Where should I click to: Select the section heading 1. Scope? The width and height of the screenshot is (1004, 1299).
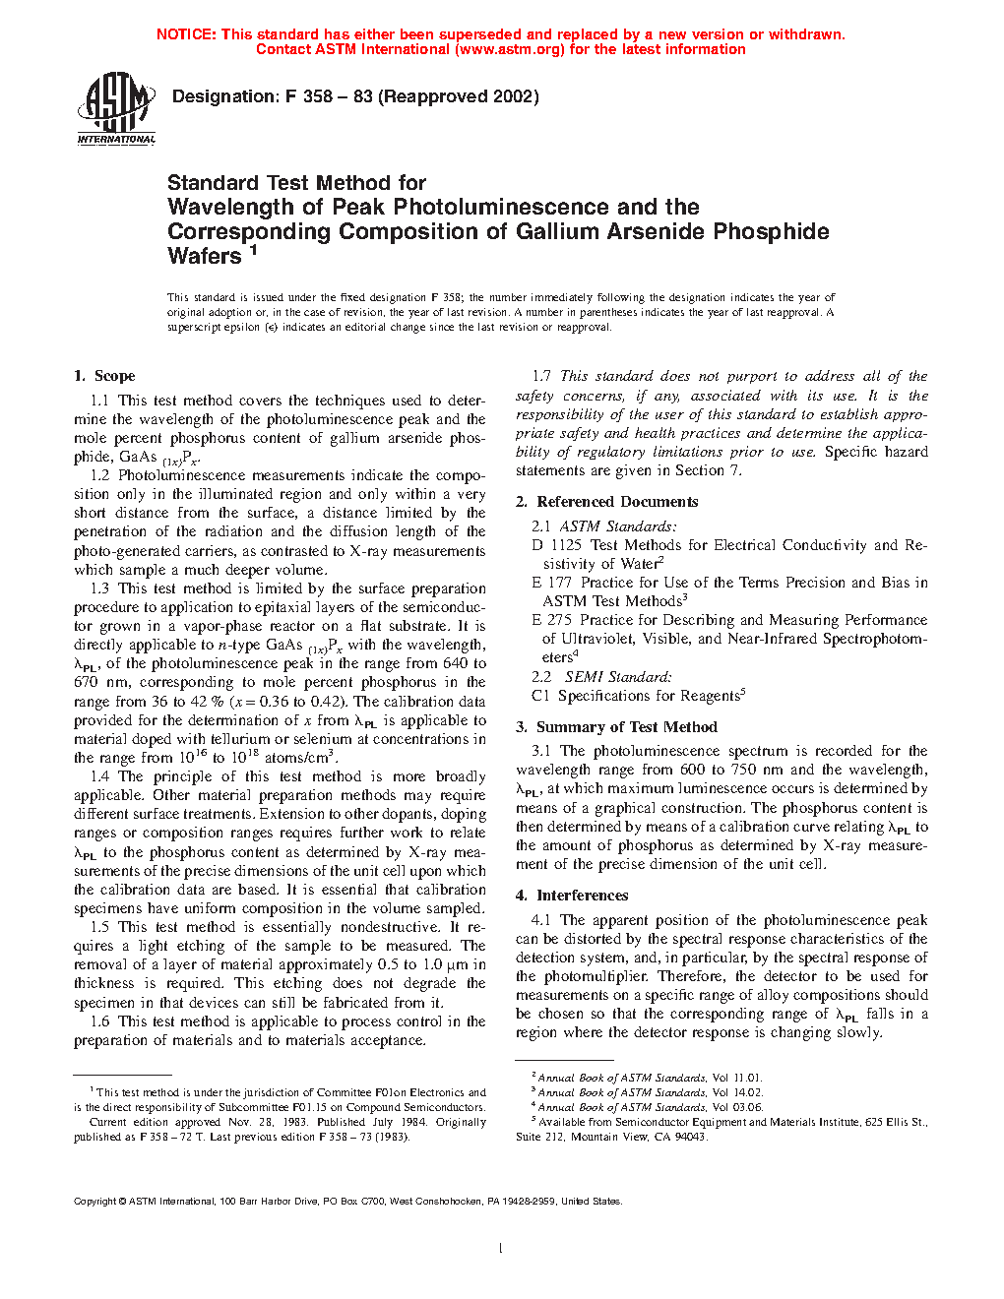(104, 376)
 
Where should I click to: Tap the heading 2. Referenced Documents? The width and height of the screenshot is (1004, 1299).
(606, 502)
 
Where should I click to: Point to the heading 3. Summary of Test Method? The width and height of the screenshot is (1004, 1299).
(616, 727)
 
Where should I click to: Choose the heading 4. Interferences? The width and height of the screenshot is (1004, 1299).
(572, 896)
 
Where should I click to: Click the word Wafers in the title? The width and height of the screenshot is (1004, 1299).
(205, 257)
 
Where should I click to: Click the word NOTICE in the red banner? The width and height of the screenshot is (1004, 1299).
(186, 34)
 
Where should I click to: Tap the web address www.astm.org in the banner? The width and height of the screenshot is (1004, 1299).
(510, 49)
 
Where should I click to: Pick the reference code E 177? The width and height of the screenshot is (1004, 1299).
(551, 583)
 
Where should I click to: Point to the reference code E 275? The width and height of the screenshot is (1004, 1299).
(551, 620)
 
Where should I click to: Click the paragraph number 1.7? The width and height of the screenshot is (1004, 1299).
(541, 376)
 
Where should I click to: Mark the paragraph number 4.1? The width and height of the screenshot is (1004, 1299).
(540, 920)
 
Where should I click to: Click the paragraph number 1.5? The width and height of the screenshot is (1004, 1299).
(99, 927)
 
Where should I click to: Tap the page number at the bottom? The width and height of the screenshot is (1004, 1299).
(501, 1249)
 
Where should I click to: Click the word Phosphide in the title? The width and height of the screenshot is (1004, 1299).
(771, 232)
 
